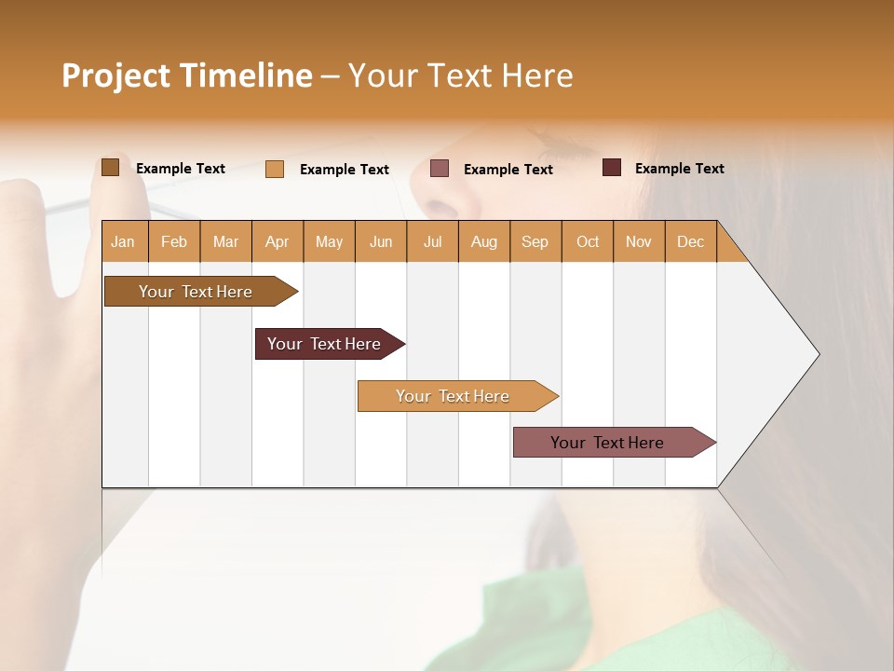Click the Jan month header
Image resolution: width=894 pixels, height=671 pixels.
(123, 241)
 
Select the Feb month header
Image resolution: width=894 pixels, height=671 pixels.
(174, 241)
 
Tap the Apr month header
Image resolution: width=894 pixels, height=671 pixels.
(278, 241)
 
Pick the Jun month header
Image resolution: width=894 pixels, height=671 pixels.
(381, 241)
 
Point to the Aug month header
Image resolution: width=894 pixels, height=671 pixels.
(484, 241)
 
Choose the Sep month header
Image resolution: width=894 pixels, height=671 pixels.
(535, 241)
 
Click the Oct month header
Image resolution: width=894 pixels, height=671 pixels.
(588, 241)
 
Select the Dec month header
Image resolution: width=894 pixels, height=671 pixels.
(691, 241)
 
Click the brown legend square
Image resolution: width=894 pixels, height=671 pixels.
(111, 168)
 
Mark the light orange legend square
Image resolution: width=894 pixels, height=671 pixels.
(275, 169)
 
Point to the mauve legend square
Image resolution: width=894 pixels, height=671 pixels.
(440, 169)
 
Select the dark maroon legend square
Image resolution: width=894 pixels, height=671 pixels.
(612, 168)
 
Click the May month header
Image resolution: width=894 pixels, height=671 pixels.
(329, 241)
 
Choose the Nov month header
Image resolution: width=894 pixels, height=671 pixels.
(639, 241)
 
